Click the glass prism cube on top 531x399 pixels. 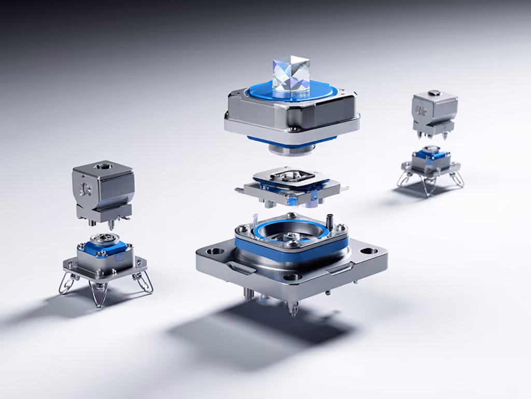[x=291, y=76]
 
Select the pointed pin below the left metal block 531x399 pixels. [x=110, y=227]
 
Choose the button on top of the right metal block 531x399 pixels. [x=434, y=93]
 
